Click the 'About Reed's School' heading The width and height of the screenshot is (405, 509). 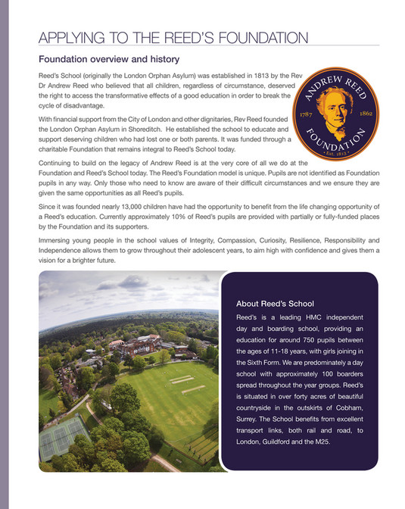(x=275, y=303)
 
